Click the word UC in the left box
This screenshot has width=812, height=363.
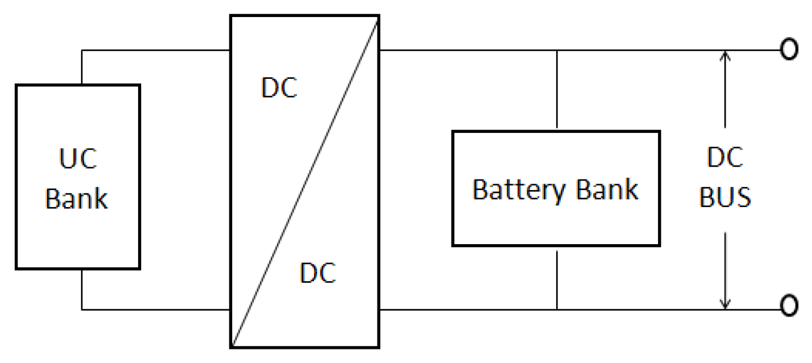click(x=78, y=160)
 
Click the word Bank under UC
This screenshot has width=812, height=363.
click(x=76, y=199)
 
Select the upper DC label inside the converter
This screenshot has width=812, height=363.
click(x=279, y=88)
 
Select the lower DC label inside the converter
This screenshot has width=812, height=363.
click(x=318, y=274)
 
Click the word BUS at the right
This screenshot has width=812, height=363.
click(x=725, y=198)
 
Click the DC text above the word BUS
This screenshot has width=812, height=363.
click(x=725, y=158)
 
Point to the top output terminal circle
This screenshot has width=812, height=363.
click(x=789, y=51)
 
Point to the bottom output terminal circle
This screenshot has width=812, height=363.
click(x=789, y=306)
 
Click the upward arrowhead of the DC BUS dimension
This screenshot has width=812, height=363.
click(x=726, y=56)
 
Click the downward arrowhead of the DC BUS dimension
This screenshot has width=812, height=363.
click(x=726, y=303)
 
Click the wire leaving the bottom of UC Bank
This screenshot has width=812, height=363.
click(x=82, y=289)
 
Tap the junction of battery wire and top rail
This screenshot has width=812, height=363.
click(x=557, y=51)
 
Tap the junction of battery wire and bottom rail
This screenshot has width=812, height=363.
click(x=557, y=309)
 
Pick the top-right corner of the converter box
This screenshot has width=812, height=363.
click(x=378, y=16)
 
